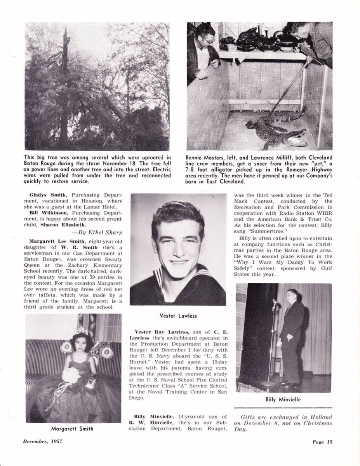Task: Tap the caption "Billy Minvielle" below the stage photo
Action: coord(283,399)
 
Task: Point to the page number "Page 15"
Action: coord(322,441)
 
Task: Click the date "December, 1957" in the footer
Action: coord(42,441)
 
